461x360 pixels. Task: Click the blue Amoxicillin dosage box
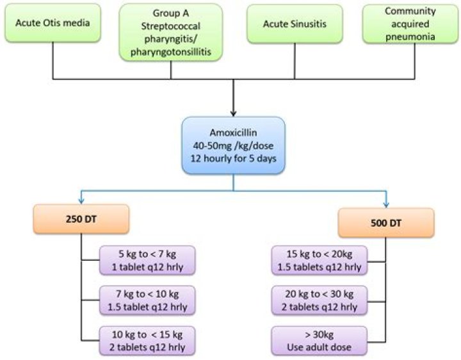[233, 145]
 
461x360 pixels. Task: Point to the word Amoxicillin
[233, 133]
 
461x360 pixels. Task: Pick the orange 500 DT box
[387, 224]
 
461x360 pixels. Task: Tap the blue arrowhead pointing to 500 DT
[387, 205]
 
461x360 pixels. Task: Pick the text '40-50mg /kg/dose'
[233, 145]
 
